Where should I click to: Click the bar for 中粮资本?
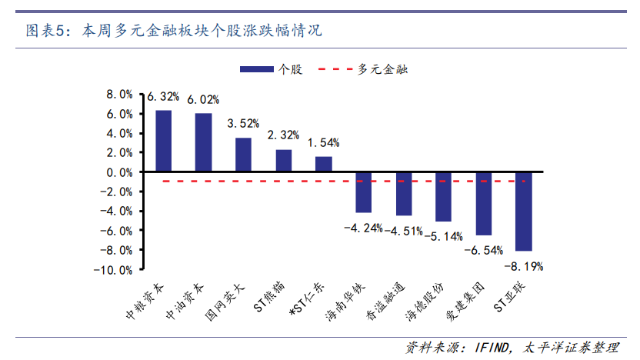[163, 142]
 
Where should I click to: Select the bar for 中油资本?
[203, 143]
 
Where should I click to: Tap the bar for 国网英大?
[243, 155]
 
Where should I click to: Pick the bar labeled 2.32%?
[284, 161]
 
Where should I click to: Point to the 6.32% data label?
[163, 97]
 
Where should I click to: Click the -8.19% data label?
[524, 267]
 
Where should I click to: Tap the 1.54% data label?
[324, 143]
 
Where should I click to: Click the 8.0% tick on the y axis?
[119, 95]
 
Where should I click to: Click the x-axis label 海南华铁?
[343, 302]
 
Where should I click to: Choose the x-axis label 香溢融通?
[383, 302]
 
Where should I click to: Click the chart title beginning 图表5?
[174, 32]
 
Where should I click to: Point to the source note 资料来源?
[512, 348]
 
